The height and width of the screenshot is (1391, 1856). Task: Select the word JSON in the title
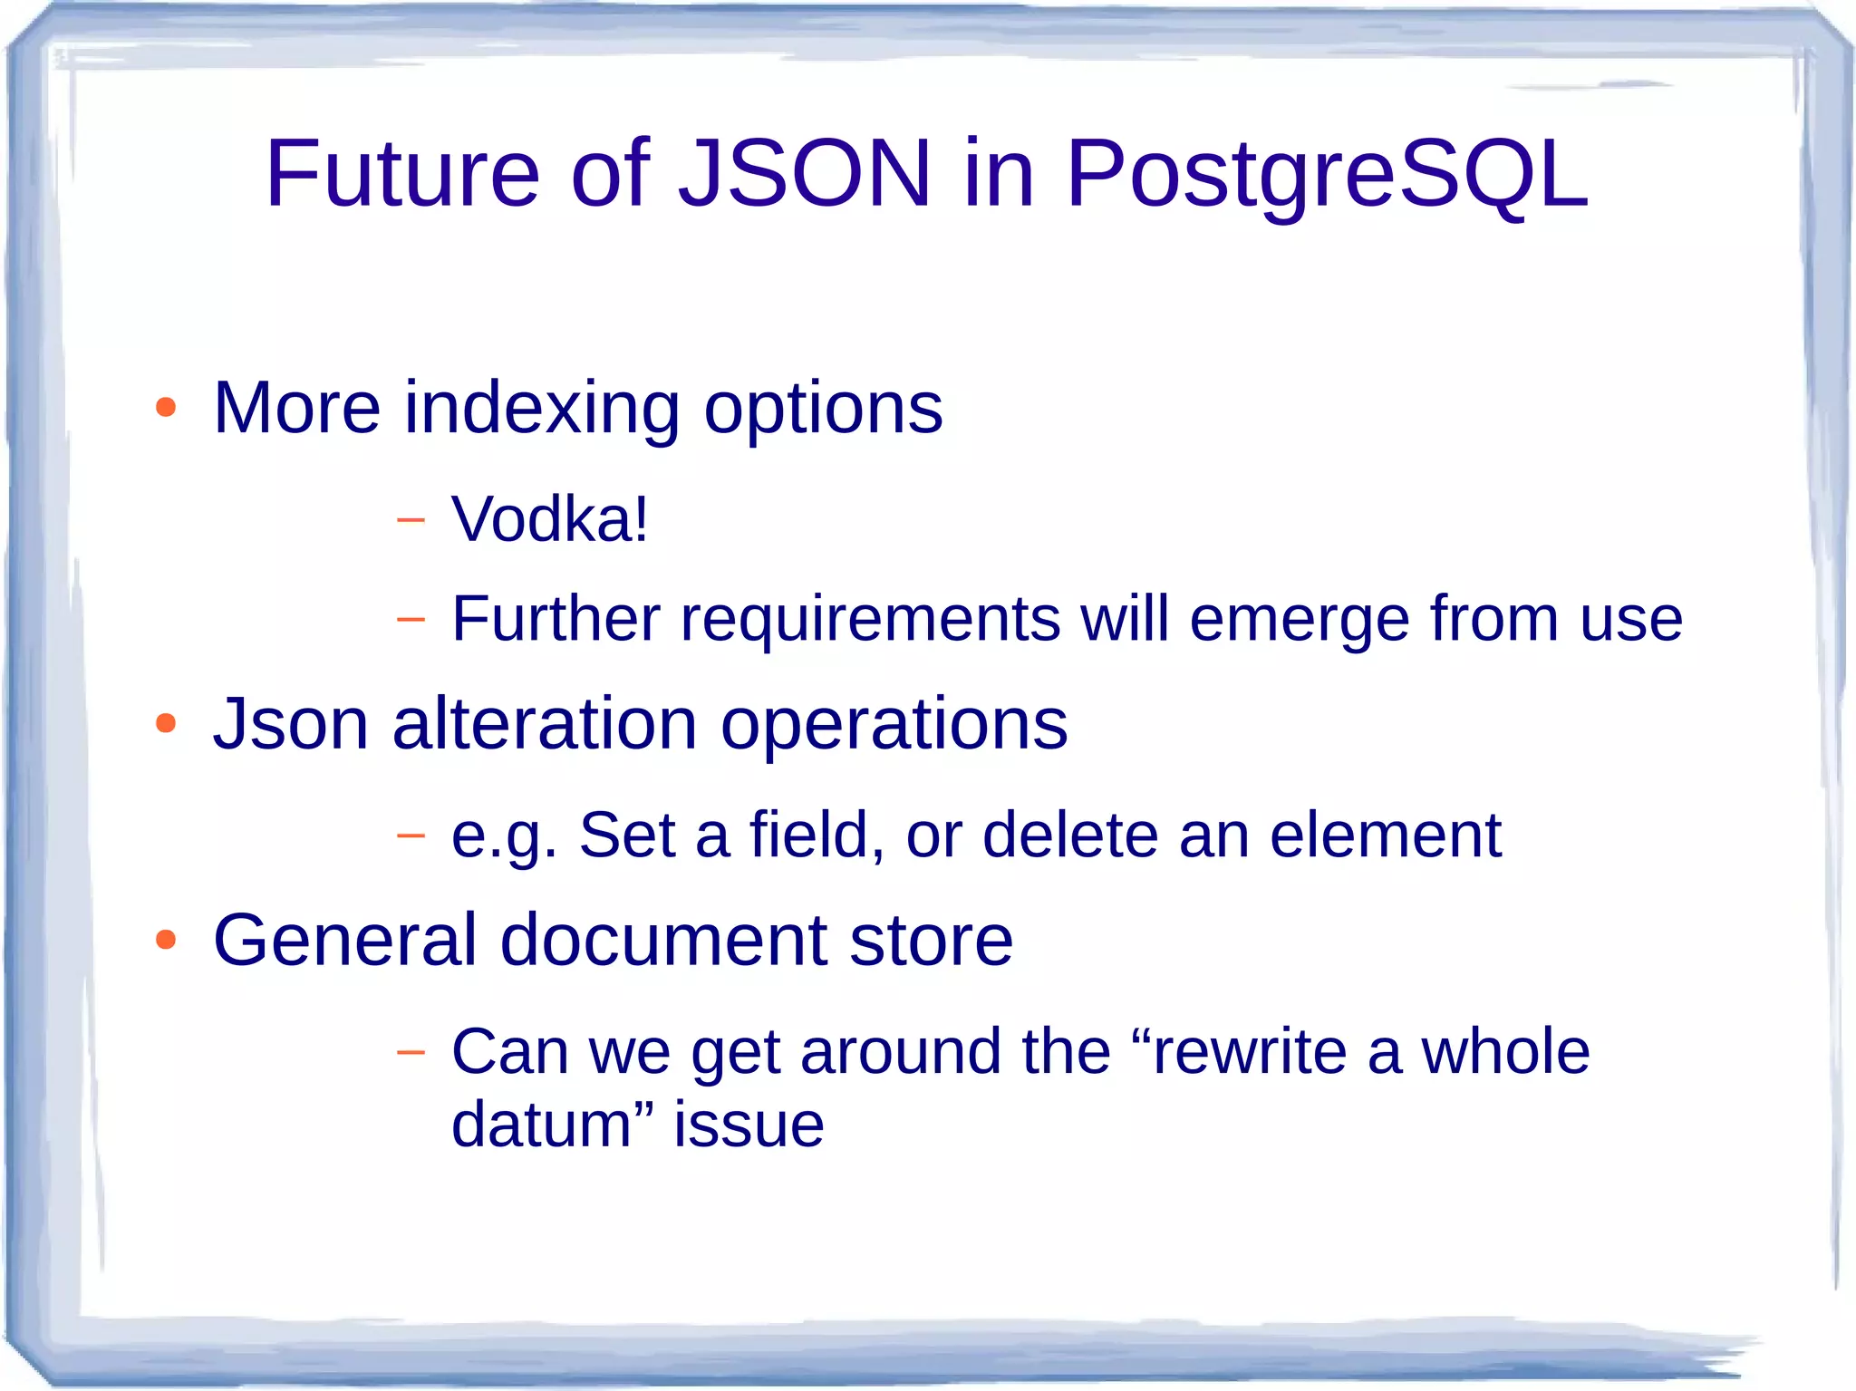tap(805, 174)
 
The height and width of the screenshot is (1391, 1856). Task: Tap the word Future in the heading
tap(401, 174)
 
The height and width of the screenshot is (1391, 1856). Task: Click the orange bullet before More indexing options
tap(165, 407)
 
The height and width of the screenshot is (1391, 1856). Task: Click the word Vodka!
tap(550, 519)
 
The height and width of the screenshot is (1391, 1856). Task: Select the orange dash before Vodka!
tap(411, 520)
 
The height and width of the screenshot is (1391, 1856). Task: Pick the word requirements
tap(870, 621)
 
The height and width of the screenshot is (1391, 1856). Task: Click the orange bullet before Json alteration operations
tap(165, 723)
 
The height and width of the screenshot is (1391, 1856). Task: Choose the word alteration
tap(544, 724)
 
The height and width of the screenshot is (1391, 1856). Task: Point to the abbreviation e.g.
tap(504, 836)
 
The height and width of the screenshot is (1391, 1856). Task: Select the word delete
tap(1069, 835)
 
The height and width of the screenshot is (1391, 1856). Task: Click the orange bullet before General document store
tap(165, 940)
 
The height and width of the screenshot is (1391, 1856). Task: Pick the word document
tap(663, 941)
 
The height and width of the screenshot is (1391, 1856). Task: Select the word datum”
tap(552, 1125)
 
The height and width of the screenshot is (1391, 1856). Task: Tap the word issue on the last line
tap(749, 1125)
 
